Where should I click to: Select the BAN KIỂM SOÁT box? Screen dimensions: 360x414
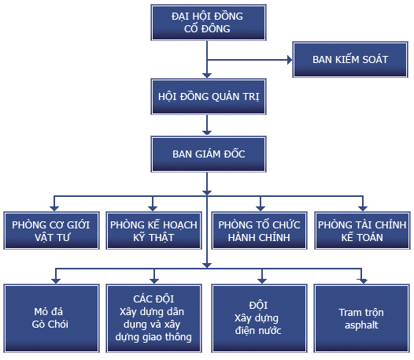tap(350, 60)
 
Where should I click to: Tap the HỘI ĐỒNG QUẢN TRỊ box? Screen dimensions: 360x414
tap(205, 98)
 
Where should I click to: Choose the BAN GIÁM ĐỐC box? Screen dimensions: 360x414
tap(205, 154)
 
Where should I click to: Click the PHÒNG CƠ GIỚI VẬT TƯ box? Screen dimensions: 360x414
tap(52, 230)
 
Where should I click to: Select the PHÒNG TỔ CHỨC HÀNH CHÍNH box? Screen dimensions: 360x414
tap(259, 230)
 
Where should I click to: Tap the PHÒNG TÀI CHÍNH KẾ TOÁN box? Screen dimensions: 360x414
tap(362, 230)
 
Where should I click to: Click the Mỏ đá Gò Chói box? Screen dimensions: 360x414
tap(52, 317)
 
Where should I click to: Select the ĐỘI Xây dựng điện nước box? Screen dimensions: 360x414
tap(259, 317)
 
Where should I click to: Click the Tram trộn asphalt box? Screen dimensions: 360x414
tap(362, 317)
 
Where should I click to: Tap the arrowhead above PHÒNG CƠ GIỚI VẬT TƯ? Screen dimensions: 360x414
tap(53, 206)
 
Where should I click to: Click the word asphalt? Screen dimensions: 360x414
tap(362, 324)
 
